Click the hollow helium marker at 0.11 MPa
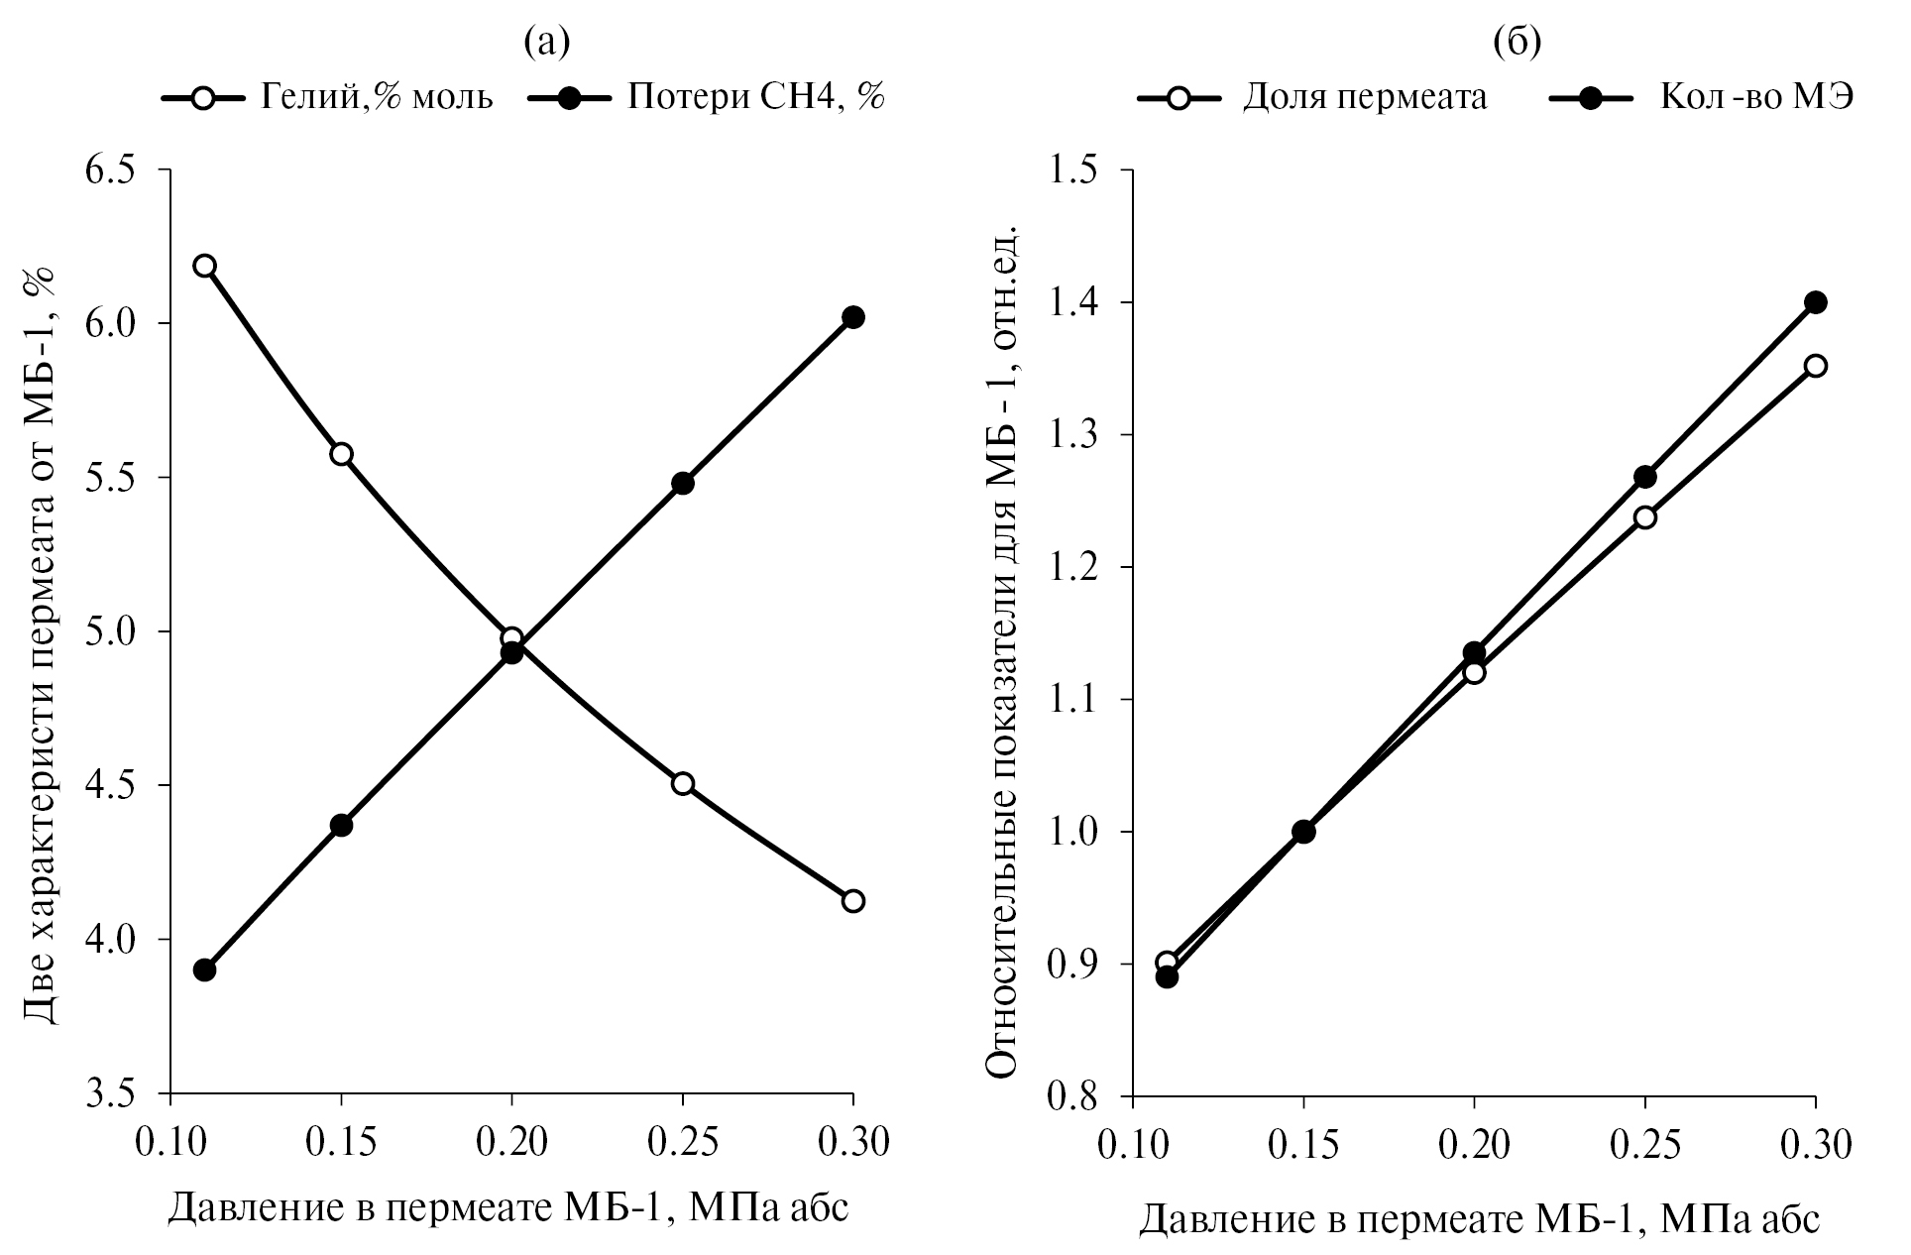click(205, 266)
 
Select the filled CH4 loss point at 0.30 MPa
click(852, 317)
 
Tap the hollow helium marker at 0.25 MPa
click(682, 783)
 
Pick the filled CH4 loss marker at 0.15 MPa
click(341, 825)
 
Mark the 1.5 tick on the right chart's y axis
click(1077, 171)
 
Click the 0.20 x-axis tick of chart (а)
click(511, 1144)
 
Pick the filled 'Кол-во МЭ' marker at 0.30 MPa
click(1815, 302)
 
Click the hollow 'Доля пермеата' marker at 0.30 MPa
click(1815, 366)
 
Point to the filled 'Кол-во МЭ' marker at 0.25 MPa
click(1644, 477)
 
